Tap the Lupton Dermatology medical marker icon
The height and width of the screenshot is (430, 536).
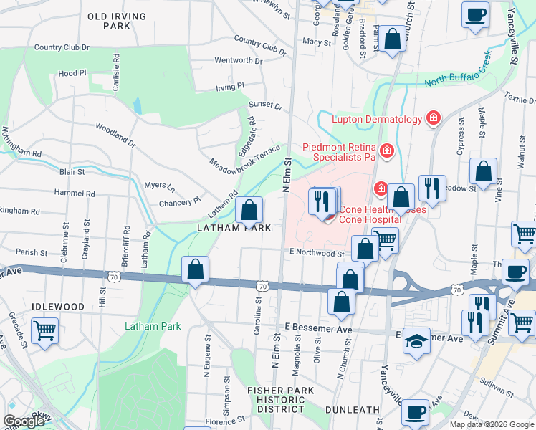[433, 118]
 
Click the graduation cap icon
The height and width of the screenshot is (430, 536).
[416, 342]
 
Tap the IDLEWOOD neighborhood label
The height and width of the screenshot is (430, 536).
[58, 306]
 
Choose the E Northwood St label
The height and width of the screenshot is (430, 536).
[317, 253]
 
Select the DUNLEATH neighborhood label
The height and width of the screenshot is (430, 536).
[352, 409]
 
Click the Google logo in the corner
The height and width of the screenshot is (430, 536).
[24, 421]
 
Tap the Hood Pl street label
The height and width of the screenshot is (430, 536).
[72, 73]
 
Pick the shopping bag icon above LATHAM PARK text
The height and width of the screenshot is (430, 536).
[249, 211]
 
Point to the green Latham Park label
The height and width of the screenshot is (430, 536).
[153, 326]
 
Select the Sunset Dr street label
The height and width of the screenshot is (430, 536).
[265, 105]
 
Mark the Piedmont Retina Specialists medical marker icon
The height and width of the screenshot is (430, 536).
[386, 150]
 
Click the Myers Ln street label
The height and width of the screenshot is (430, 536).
[160, 186]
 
